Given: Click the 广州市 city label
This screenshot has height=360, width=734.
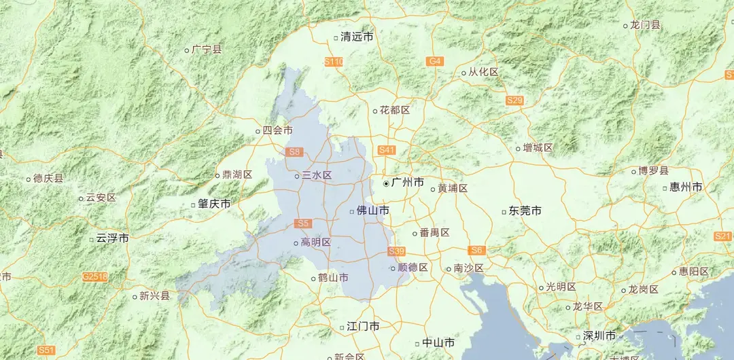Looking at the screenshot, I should (408, 183).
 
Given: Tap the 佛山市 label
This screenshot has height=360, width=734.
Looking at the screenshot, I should (373, 211).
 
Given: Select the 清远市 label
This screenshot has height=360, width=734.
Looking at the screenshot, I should (357, 37).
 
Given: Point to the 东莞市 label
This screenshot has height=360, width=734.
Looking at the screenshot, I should (525, 211).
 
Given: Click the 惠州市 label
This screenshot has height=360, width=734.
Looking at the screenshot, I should (686, 187).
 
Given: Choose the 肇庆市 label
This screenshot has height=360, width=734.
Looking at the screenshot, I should (214, 204).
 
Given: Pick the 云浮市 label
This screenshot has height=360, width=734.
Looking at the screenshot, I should (112, 238).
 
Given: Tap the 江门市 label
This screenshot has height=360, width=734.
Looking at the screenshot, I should (363, 326).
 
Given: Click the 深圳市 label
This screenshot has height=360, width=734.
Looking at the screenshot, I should (599, 336).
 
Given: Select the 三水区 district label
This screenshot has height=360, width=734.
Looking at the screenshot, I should (317, 175).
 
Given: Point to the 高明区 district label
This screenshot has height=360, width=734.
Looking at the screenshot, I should (315, 242).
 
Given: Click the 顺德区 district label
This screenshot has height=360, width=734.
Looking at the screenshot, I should (413, 268).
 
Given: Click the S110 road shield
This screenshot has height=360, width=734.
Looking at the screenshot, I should (334, 62).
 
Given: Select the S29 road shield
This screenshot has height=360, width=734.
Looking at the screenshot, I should (514, 101).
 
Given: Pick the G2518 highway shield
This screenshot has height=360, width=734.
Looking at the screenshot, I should (94, 276).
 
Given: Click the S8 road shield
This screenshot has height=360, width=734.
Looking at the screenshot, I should (294, 152).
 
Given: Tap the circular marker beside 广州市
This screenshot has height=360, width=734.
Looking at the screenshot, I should (386, 183).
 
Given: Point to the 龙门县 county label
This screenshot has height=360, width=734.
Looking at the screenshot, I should (645, 25).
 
